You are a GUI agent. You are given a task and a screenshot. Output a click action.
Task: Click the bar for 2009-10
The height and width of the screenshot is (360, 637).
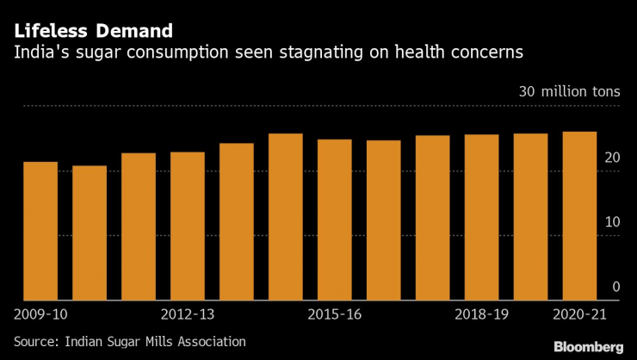pyautogui.click(x=40, y=231)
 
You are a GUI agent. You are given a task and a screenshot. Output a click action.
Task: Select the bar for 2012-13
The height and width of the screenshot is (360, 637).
pyautogui.click(x=188, y=226)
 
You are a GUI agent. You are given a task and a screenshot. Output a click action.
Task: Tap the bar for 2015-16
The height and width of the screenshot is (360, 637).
pyautogui.click(x=335, y=220)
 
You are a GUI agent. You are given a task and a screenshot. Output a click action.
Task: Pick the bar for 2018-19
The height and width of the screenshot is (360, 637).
pyautogui.click(x=482, y=217)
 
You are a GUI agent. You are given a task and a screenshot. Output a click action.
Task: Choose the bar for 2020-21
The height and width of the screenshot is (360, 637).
pyautogui.click(x=580, y=215)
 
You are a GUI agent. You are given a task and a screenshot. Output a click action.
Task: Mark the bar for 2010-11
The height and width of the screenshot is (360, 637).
pyautogui.click(x=90, y=233)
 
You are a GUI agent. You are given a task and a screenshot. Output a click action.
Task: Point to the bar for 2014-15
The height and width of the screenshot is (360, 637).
pyautogui.click(x=286, y=216)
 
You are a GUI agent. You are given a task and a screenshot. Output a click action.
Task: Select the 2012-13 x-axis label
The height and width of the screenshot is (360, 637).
pyautogui.click(x=188, y=316)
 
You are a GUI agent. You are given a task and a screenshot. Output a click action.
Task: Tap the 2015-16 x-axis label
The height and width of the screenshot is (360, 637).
pyautogui.click(x=335, y=316)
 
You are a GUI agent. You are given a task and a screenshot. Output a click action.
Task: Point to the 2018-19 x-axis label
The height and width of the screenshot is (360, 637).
pyautogui.click(x=482, y=316)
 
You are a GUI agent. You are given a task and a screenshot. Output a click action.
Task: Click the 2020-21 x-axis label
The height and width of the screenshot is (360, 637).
pyautogui.click(x=579, y=316)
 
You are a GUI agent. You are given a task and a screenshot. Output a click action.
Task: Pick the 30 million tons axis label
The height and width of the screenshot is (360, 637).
pyautogui.click(x=568, y=92)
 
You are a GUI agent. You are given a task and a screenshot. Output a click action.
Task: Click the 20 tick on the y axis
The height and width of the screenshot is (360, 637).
pyautogui.click(x=612, y=158)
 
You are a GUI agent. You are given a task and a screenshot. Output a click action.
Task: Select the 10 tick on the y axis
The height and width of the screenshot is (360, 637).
pyautogui.click(x=612, y=222)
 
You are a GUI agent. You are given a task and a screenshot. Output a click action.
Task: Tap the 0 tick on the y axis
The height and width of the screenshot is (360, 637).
pyautogui.click(x=615, y=287)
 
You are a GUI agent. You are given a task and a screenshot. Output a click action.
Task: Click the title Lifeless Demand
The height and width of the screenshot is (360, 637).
pyautogui.click(x=92, y=31)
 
